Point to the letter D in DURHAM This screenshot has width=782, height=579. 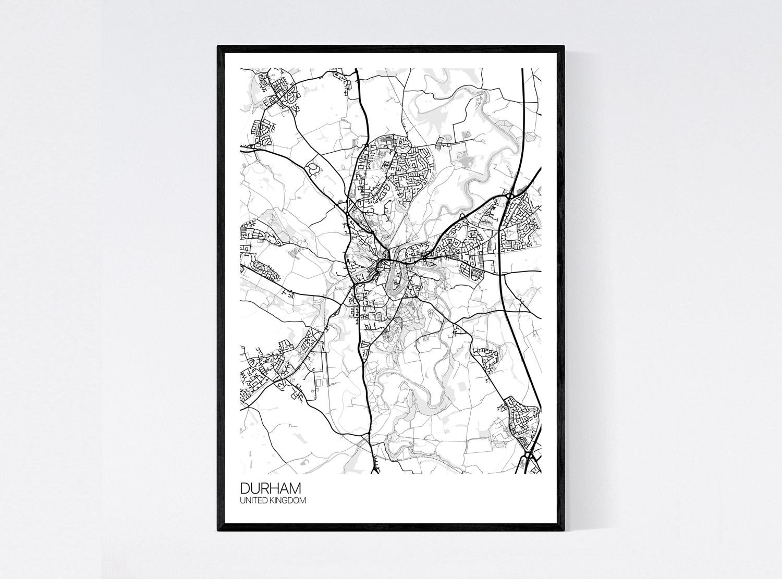point(245,488)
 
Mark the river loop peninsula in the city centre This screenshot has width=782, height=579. point(395,273)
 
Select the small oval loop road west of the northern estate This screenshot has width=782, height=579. point(314,168)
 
